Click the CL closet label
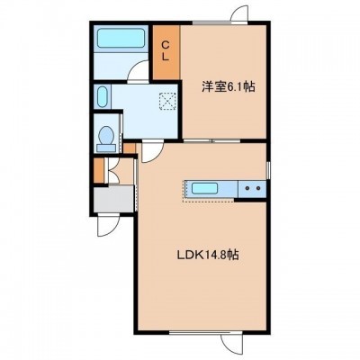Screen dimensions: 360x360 click(x=166, y=50)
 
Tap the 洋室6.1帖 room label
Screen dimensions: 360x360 click(x=228, y=86)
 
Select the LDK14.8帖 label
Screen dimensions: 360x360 click(x=208, y=255)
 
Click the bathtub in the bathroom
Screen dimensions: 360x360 click(x=121, y=38)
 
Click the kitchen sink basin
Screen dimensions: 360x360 click(x=204, y=188)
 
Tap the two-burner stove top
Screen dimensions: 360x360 click(x=252, y=189)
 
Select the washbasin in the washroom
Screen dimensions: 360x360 click(x=103, y=96)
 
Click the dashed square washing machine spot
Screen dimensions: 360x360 click(x=167, y=102)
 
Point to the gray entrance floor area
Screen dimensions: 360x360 click(x=113, y=199)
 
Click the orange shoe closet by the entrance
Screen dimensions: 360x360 click(x=98, y=170)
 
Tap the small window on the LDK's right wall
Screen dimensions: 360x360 click(x=268, y=170)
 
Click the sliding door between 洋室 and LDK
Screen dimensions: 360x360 click(x=212, y=140)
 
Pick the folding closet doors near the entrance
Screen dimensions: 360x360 click(x=112, y=170)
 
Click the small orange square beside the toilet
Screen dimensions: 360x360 click(x=130, y=148)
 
